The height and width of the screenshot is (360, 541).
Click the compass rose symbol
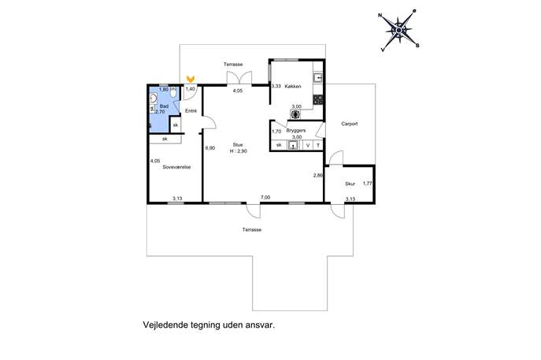[398, 31]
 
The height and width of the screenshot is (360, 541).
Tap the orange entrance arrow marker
[191, 79]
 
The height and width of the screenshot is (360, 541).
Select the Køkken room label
[293, 87]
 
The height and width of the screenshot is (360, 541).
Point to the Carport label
[349, 124]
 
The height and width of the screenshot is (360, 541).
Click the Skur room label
[350, 184]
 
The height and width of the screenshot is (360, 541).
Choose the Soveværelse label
[176, 167]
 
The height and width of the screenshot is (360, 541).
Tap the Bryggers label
[296, 131]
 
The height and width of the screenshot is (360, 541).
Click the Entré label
[191, 111]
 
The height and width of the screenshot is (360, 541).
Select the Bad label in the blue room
[165, 106]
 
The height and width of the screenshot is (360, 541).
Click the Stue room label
[238, 145]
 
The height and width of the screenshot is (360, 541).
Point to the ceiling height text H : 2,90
[239, 151]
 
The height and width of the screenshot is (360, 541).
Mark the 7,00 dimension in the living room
[265, 198]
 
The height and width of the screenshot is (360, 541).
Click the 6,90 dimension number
[210, 148]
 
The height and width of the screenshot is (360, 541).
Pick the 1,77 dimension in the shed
[368, 184]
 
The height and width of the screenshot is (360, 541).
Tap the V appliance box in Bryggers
[308, 145]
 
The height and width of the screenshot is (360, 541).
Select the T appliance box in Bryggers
[318, 145]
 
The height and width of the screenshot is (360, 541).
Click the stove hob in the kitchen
[318, 100]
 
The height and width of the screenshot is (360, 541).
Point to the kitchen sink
[318, 78]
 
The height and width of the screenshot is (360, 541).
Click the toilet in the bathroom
[173, 92]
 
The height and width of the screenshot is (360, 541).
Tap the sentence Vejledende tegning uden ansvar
[209, 325]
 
